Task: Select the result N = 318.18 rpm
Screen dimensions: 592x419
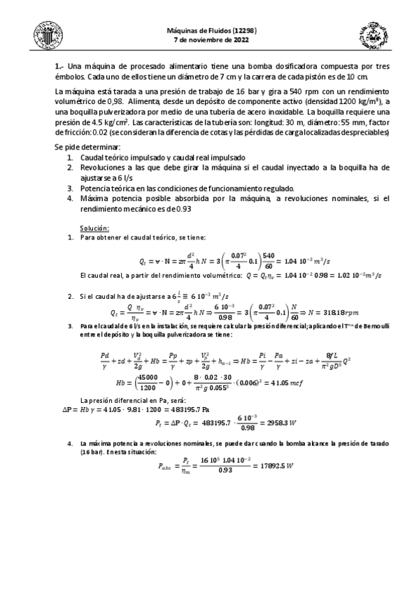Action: [x=343, y=312]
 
